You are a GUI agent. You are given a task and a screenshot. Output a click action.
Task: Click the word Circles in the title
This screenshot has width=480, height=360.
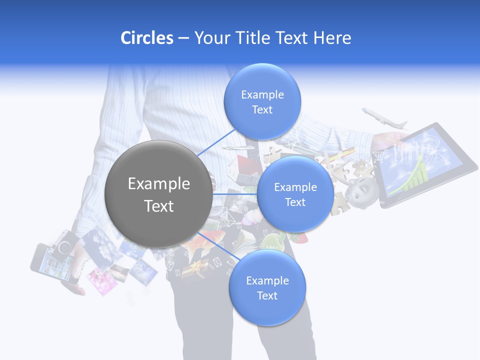[146, 38]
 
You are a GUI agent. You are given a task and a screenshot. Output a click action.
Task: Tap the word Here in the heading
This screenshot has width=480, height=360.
[332, 38]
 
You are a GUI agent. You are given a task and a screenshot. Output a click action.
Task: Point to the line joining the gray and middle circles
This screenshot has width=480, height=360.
[235, 194]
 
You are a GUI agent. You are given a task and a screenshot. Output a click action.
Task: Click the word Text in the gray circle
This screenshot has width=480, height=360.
[158, 206]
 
